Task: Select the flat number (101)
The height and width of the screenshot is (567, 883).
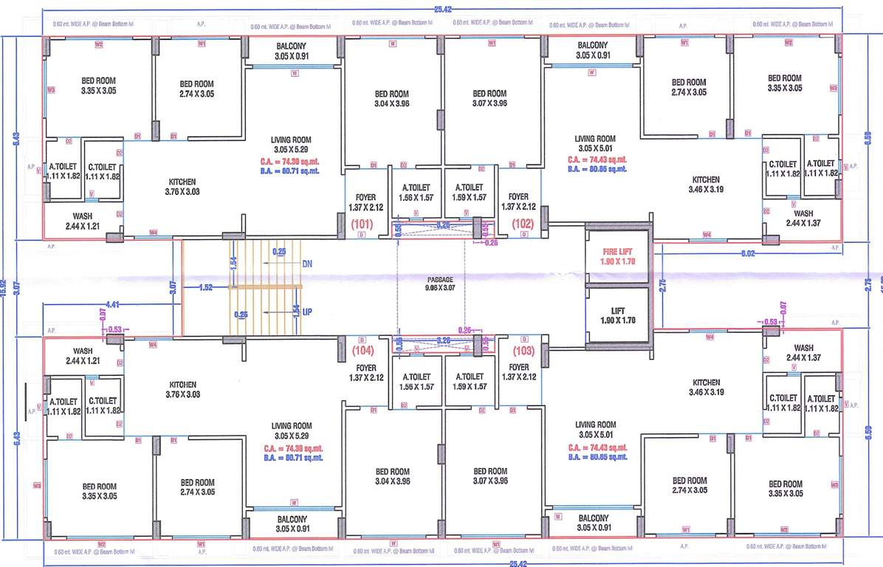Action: click(x=363, y=223)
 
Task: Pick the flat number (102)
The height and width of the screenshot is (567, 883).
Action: click(x=522, y=223)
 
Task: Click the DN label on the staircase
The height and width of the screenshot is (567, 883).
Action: click(x=307, y=263)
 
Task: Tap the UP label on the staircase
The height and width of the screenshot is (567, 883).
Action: click(x=307, y=312)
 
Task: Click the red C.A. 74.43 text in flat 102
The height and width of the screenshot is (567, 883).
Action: click(x=597, y=159)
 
